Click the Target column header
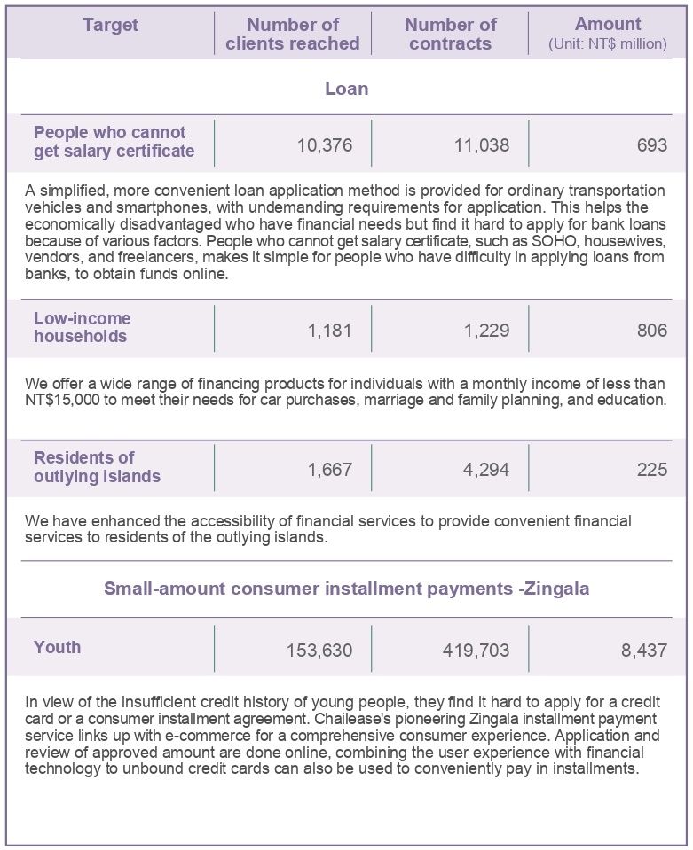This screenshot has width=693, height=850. pyautogui.click(x=110, y=25)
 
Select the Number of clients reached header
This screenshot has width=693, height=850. pyautogui.click(x=293, y=34)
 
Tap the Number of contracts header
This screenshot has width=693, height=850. pyautogui.click(x=450, y=34)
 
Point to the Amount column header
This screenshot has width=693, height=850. pyautogui.click(x=608, y=33)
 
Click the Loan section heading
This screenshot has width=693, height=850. pyautogui.click(x=346, y=89)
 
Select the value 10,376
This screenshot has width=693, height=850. pyautogui.click(x=324, y=144)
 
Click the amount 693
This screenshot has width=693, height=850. pyautogui.click(x=651, y=144)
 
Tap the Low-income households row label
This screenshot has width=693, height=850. pyautogui.click(x=82, y=327)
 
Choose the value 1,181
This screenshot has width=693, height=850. pyautogui.click(x=329, y=331)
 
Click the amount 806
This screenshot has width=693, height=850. pyautogui.click(x=651, y=331)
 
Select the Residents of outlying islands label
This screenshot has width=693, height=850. pyautogui.click(x=97, y=467)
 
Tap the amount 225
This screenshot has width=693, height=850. pyautogui.click(x=651, y=470)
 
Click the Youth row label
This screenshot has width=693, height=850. pyautogui.click(x=57, y=647)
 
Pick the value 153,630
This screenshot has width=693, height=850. pyautogui.click(x=319, y=651)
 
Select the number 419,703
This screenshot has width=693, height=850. pyautogui.click(x=476, y=651)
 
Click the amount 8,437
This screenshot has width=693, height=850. pyautogui.click(x=643, y=651)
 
